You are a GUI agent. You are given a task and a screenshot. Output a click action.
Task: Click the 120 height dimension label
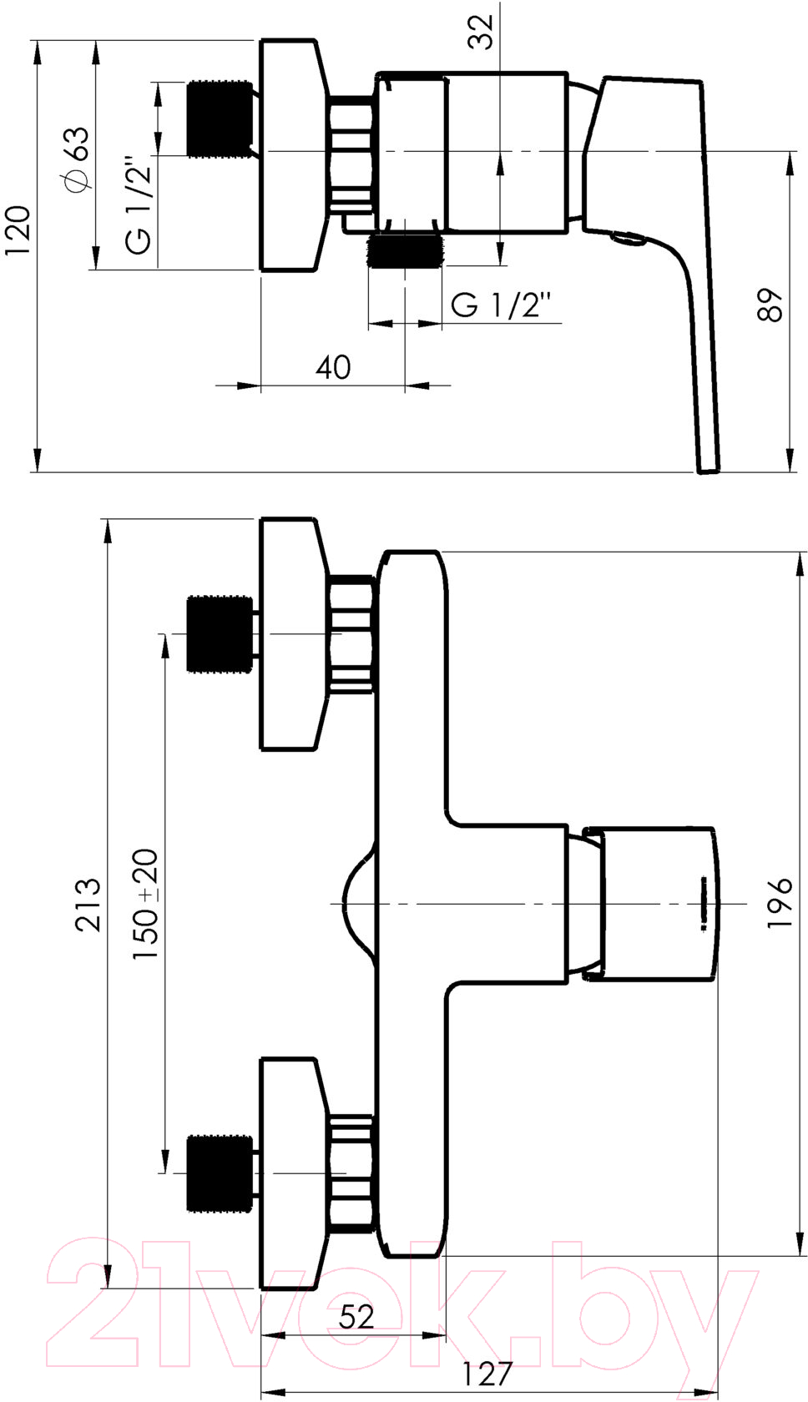[x=17, y=230]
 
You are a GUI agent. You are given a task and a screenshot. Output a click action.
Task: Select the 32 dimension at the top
[x=481, y=32]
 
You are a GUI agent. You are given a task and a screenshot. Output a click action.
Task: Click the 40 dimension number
[x=333, y=367]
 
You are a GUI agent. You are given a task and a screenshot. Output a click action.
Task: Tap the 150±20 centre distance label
[x=144, y=905]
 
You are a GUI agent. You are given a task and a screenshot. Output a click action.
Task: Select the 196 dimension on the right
[x=780, y=903]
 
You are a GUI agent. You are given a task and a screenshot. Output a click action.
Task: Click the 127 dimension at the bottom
[x=487, y=1370]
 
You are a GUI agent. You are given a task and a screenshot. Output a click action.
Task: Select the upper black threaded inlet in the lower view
[x=220, y=634]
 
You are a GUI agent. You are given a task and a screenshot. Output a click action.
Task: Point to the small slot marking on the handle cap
[x=704, y=903]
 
